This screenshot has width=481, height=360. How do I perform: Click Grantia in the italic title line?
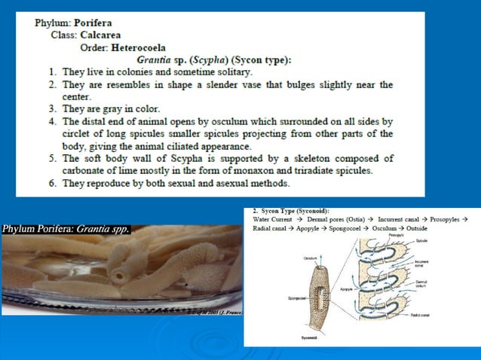(x=155, y=59)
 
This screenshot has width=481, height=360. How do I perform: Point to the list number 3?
(x=53, y=108)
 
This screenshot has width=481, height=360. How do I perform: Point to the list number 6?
(x=53, y=183)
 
